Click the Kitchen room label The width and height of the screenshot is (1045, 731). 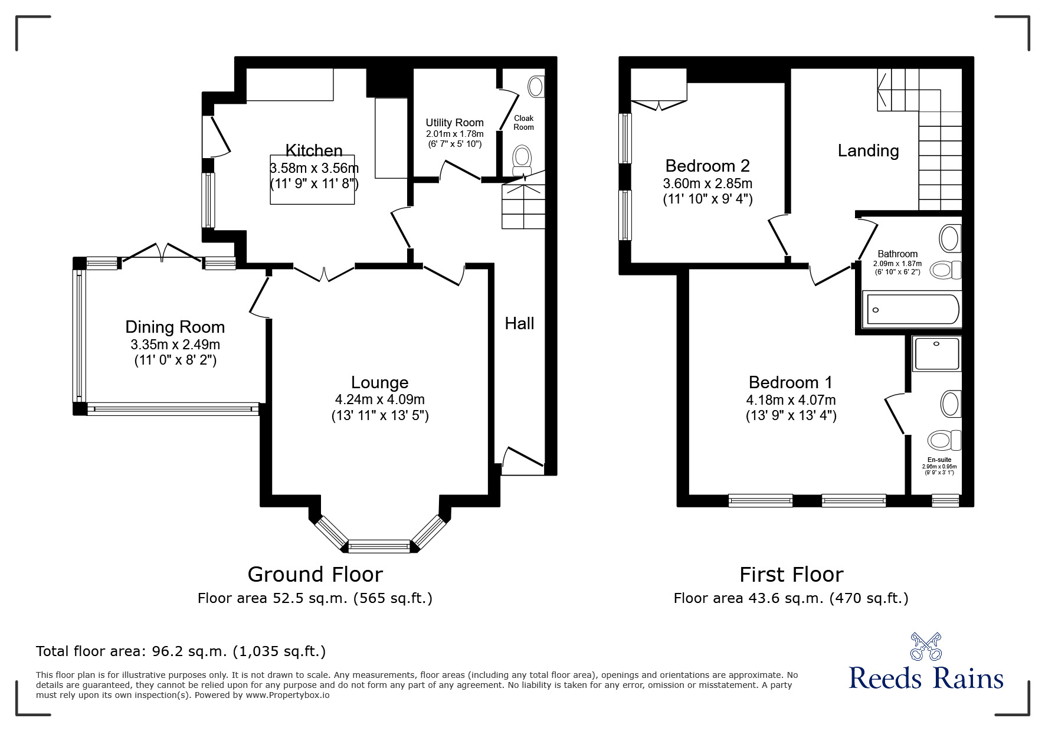[x=314, y=150]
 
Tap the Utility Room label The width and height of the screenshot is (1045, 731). [x=454, y=123]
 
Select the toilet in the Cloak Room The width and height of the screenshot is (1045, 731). [x=521, y=158]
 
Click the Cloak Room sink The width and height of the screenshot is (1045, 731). [x=536, y=86]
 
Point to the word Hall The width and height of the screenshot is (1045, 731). [x=519, y=323]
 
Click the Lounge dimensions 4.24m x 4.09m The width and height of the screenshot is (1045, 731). [x=380, y=399]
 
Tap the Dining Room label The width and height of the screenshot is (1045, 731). [x=175, y=327]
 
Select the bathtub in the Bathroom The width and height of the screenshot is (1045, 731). [x=911, y=309]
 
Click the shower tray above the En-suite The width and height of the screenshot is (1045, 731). [x=936, y=353]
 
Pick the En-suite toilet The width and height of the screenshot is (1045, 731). [x=944, y=440]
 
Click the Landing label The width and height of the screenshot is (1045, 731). [x=868, y=151]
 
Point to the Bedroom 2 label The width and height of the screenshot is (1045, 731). [x=707, y=166]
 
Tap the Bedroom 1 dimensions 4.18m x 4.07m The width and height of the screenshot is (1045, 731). [x=791, y=399]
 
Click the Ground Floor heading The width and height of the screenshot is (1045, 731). [x=315, y=574]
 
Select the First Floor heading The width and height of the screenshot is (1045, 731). [x=791, y=574]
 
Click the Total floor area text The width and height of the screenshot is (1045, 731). [x=181, y=651]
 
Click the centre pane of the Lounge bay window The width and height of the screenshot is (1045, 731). [x=379, y=546]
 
